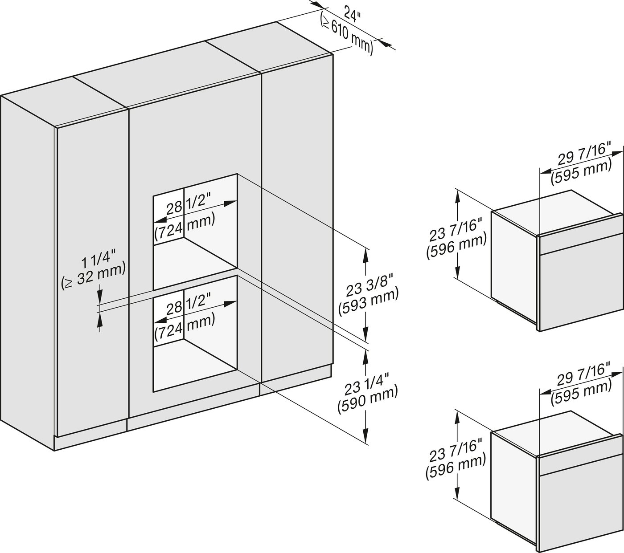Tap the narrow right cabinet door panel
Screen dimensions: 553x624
296,223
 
